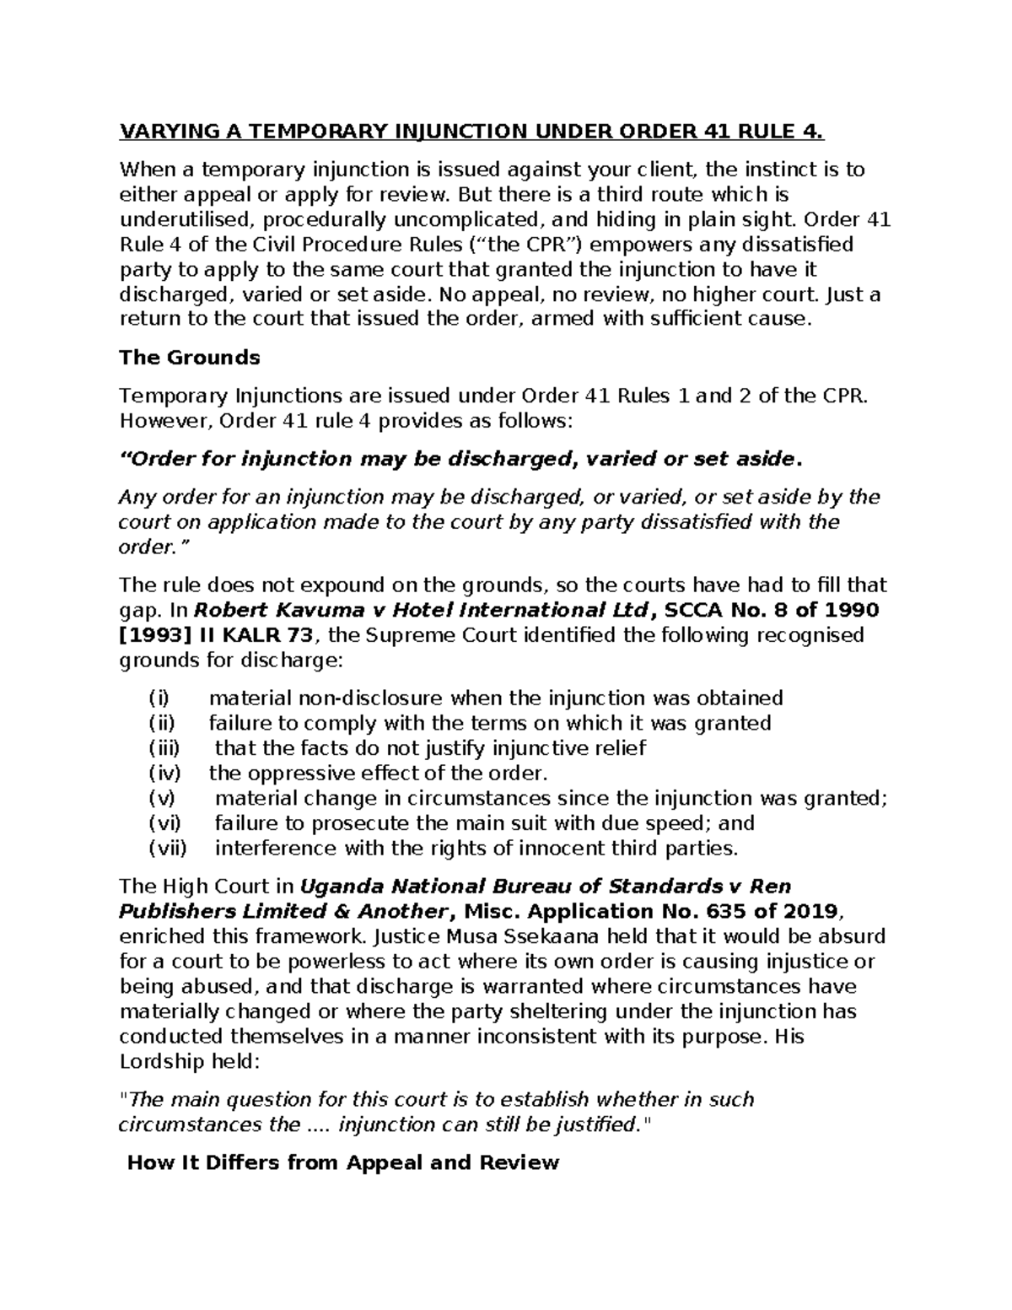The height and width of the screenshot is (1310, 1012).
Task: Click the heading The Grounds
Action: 190,358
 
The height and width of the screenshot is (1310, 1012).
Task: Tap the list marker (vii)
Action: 168,848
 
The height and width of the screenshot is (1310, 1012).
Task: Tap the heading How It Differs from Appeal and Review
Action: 342,1163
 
